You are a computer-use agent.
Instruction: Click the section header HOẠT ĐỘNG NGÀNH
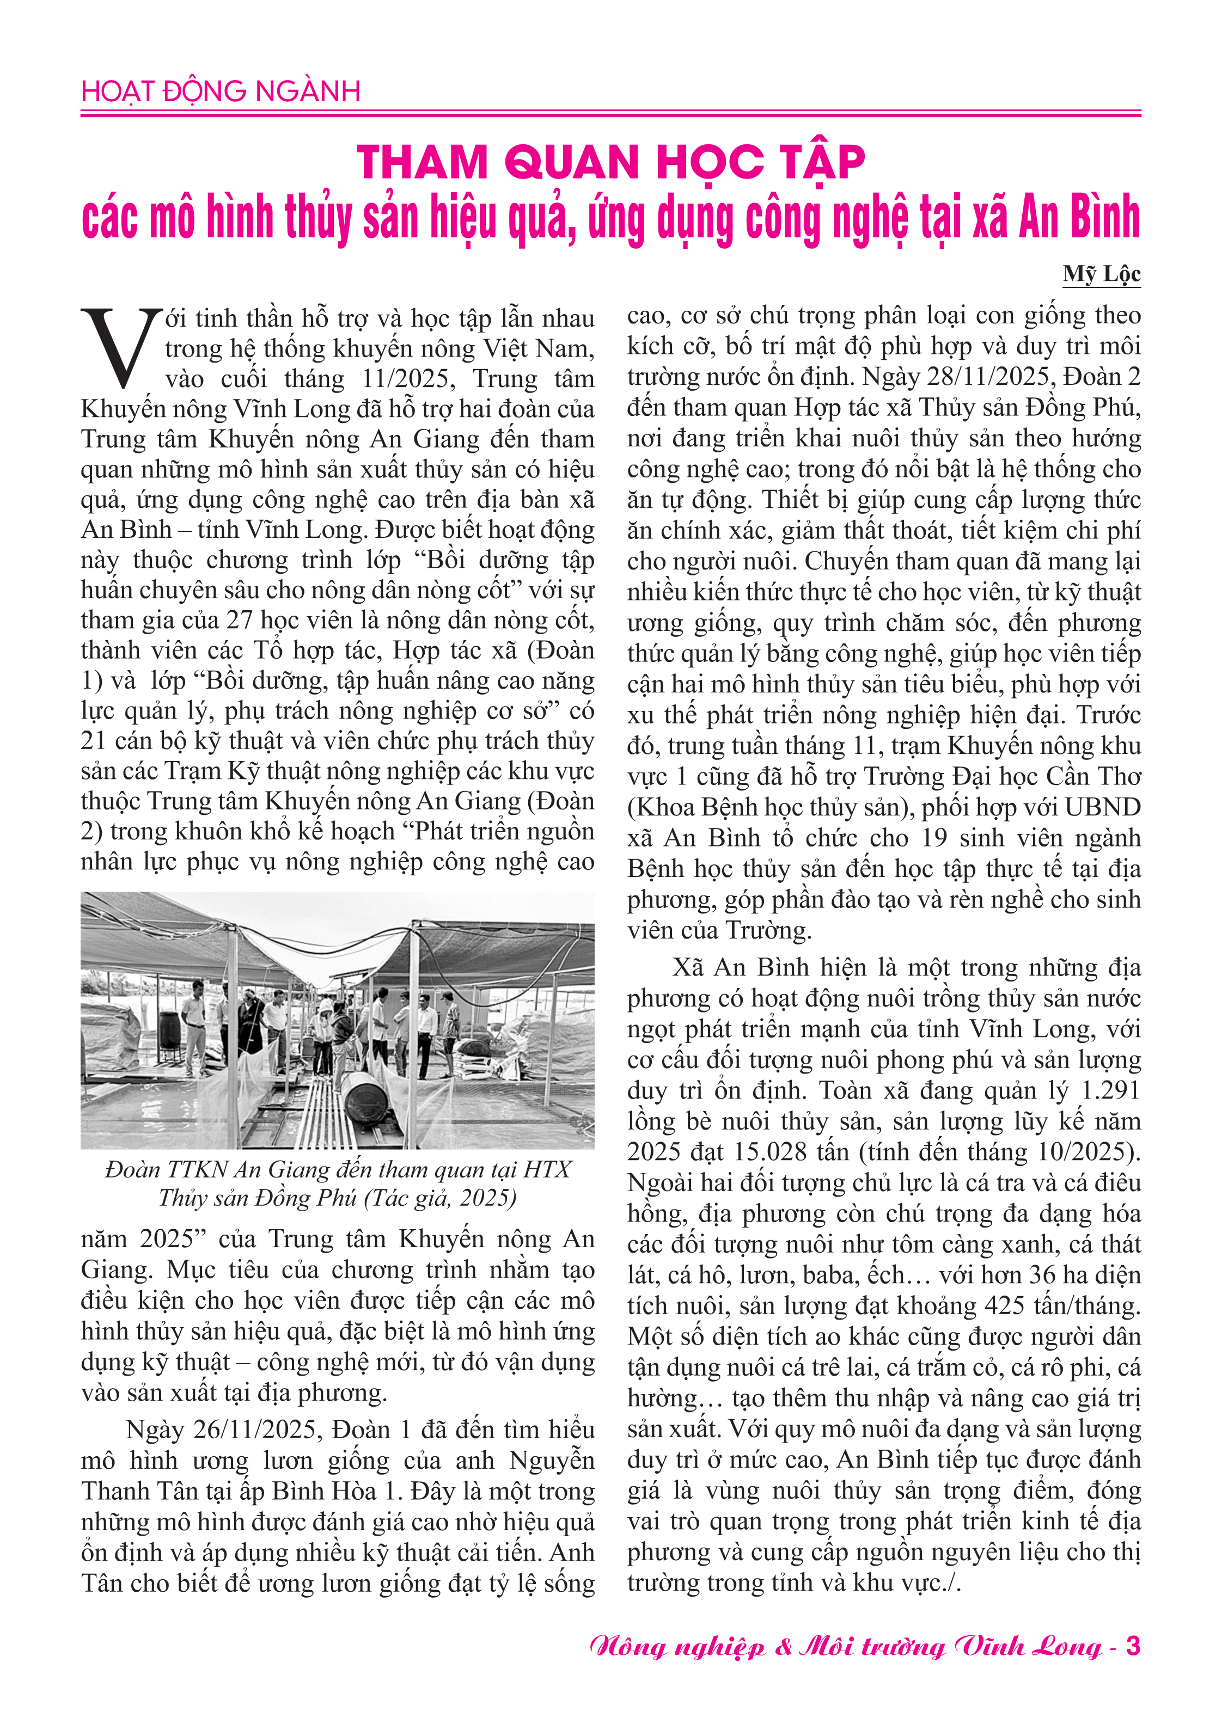pyautogui.click(x=220, y=91)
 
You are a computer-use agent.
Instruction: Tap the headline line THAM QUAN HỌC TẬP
pyautogui.click(x=610, y=162)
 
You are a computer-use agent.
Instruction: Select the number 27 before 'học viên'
pyautogui.click(x=240, y=620)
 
